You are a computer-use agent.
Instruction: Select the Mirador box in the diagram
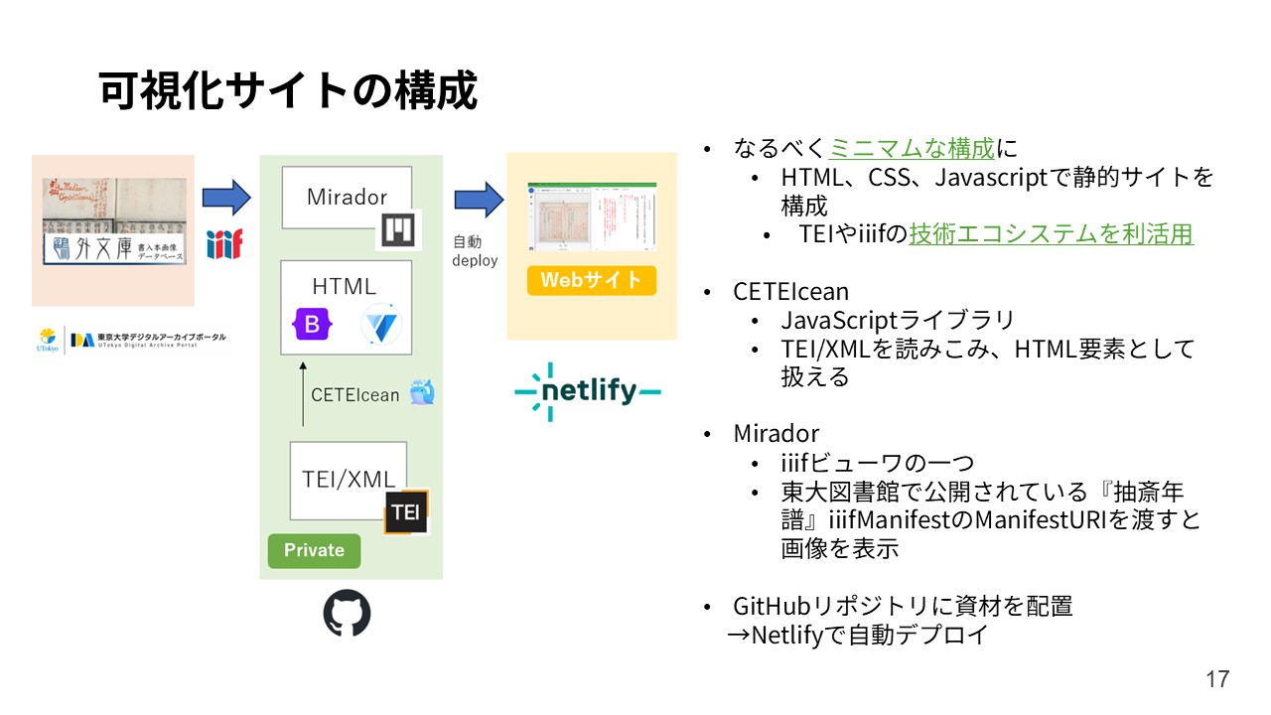pyautogui.click(x=346, y=197)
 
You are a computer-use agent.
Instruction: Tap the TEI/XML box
pyautogui.click(x=348, y=480)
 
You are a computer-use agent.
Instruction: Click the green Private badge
pyautogui.click(x=314, y=550)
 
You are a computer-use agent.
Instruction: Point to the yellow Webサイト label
pyautogui.click(x=591, y=280)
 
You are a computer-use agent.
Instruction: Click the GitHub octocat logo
pyautogui.click(x=347, y=614)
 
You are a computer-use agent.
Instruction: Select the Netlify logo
pyautogui.click(x=587, y=391)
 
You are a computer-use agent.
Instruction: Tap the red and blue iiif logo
pyautogui.click(x=224, y=243)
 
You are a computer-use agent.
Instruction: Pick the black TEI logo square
pyautogui.click(x=405, y=512)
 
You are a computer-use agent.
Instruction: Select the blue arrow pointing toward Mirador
pyautogui.click(x=226, y=197)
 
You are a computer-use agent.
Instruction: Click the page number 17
pyautogui.click(x=1217, y=679)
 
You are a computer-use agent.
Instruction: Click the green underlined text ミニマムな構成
pyautogui.click(x=911, y=149)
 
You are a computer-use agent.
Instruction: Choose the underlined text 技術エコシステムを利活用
pyautogui.click(x=1051, y=234)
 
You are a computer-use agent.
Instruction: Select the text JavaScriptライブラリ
pyautogui.click(x=897, y=320)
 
